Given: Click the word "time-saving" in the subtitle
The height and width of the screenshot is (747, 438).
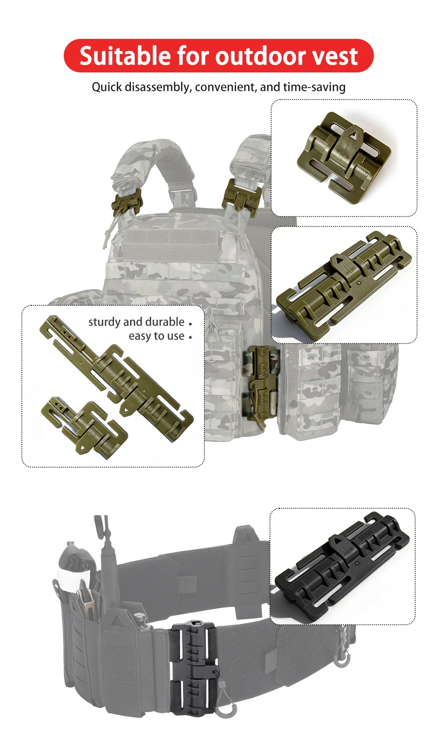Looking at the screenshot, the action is [x=314, y=87].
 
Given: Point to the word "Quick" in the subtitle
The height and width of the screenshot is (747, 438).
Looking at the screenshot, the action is [x=107, y=87].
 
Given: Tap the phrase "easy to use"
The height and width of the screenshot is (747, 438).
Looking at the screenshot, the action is [x=157, y=336].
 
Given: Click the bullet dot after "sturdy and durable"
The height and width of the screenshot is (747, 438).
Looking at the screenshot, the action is [x=190, y=324].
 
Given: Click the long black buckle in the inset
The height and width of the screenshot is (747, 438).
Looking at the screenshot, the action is [x=343, y=566].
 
